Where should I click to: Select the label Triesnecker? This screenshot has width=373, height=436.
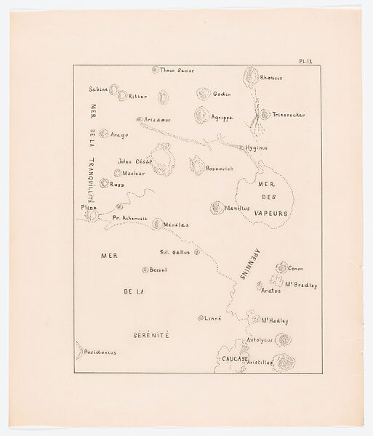pos(289,115)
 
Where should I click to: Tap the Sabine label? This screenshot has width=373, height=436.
pos(99,89)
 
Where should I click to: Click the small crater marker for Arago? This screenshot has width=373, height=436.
pos(104,134)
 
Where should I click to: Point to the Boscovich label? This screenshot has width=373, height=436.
pos(220,169)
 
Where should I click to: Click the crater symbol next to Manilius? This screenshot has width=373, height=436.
pos(215,208)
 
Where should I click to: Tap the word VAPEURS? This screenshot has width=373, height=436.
pos(272,214)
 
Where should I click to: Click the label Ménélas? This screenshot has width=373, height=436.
pos(177,225)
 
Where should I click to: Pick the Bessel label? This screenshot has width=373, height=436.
pos(158,270)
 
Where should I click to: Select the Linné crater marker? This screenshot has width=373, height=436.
pos(201,318)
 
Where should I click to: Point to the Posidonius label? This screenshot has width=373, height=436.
pos(100,352)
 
